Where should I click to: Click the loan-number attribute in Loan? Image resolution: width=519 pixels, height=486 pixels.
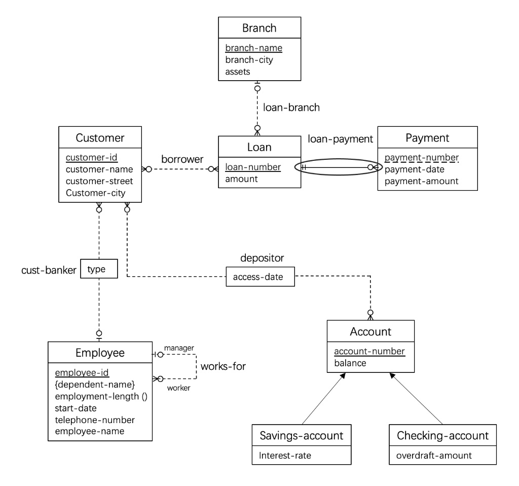[253, 167]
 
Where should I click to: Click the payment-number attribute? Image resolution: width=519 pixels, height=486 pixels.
[421, 157]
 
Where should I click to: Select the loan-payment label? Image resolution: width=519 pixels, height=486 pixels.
[340, 138]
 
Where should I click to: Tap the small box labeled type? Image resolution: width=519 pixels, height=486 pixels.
[96, 269]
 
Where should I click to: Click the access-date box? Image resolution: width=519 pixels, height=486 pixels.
[260, 277]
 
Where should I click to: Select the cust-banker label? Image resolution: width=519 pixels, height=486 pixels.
[49, 269]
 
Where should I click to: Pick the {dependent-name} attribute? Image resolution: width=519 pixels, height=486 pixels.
[94, 385]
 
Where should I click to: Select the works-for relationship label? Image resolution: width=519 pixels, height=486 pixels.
[223, 366]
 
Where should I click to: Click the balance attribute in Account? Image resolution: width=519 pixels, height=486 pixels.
[350, 363]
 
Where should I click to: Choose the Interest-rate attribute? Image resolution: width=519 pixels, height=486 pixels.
[284, 455]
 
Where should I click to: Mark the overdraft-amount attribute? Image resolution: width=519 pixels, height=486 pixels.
[434, 455]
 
